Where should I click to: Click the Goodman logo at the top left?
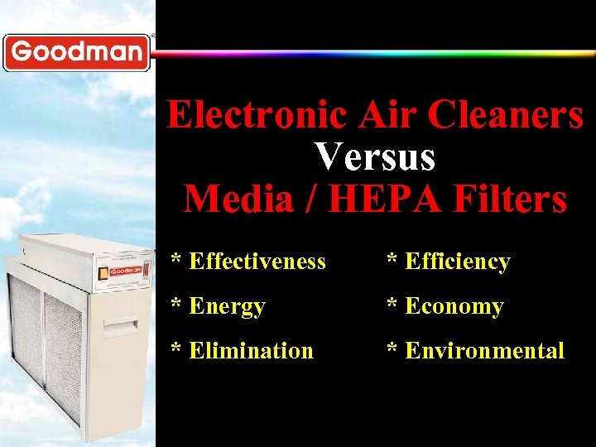click(77, 52)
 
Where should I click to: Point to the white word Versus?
click(375, 157)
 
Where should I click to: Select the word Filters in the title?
click(507, 199)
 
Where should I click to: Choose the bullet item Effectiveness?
click(257, 262)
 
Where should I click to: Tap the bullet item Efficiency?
click(457, 262)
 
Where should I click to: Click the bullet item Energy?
click(227, 306)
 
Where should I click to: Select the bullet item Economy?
click(454, 306)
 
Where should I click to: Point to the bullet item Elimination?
click(251, 351)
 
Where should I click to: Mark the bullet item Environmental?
click(484, 351)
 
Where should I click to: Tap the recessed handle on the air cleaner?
click(120, 324)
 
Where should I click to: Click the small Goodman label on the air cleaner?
click(127, 270)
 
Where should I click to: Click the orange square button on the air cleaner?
click(103, 272)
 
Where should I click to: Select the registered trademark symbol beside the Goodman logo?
click(152, 36)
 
